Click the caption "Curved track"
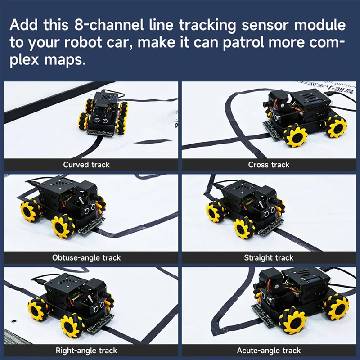pos(86,165)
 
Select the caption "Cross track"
pos(269,165)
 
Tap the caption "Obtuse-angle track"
pos(86,258)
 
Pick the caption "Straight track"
pos(269,258)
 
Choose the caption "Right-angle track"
pos(86,351)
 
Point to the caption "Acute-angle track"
pos(269,351)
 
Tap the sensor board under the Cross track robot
pos(272,131)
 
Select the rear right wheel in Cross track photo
pos(336,126)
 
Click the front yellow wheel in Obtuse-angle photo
pos(62,227)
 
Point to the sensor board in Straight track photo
pos(270,227)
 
